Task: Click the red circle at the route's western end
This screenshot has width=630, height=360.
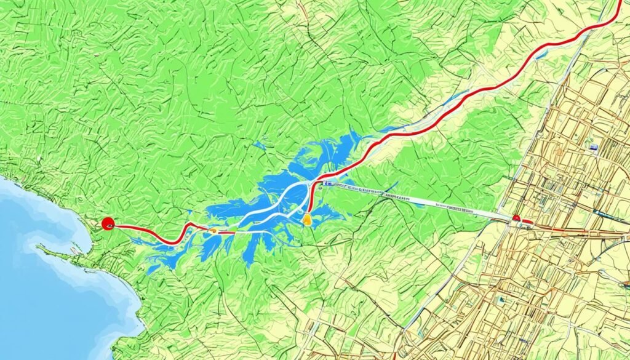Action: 108,224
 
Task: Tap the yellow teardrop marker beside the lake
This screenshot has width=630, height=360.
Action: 307,217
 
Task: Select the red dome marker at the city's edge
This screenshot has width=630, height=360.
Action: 516,218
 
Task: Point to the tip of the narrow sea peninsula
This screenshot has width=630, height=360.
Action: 38,247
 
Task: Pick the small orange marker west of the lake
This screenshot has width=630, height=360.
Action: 213,231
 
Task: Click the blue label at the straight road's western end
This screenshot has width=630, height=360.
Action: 328,183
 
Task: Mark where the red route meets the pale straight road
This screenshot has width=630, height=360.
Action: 317,183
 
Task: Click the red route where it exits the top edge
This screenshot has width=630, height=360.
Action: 619,2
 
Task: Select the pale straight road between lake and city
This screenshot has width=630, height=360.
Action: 418,200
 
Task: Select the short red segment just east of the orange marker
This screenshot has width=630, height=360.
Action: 226,233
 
